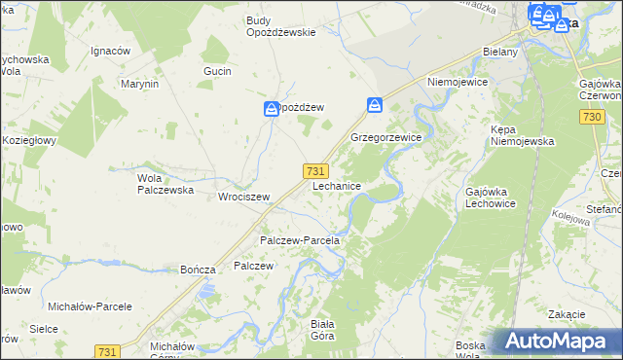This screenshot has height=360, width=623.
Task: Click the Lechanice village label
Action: coord(338,186)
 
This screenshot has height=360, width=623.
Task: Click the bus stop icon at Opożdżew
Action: coord(272,109)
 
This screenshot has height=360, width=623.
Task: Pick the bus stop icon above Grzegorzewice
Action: coord(375,104)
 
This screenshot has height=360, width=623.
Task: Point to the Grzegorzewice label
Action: coord(385,138)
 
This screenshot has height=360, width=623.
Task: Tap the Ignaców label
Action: coord(110,51)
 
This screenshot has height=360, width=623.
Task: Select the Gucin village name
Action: coord(216,72)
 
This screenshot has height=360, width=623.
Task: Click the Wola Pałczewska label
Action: coord(162,185)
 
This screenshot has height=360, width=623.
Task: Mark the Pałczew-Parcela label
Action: coord(298,240)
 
